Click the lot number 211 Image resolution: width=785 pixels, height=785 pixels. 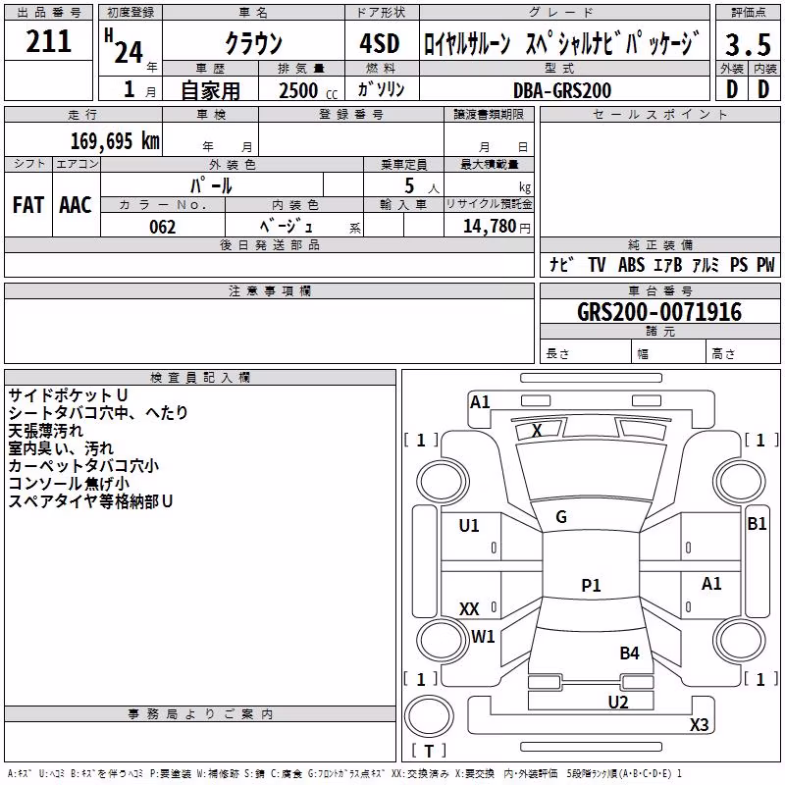[48, 41]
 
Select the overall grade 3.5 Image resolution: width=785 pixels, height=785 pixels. [748, 44]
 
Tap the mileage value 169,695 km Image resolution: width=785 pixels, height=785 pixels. [115, 140]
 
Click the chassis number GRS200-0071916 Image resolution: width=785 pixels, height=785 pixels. [659, 311]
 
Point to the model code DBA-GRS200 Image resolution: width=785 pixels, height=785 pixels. [561, 90]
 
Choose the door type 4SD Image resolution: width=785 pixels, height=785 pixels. [380, 43]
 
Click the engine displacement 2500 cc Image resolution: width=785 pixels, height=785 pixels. [308, 90]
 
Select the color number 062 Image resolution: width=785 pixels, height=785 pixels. [162, 227]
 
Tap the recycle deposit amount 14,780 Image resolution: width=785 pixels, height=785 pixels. [489, 227]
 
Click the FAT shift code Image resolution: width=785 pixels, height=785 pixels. [28, 205]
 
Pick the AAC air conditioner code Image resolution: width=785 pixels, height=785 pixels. [76, 205]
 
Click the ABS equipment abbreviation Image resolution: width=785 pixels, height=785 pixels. [631, 264]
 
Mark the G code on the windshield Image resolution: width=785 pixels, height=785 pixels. [561, 517]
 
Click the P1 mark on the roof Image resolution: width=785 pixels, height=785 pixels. [591, 585]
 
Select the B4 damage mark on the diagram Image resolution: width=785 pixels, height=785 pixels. [629, 653]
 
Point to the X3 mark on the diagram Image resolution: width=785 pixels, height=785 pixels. [699, 724]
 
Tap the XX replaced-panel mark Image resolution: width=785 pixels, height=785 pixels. [469, 608]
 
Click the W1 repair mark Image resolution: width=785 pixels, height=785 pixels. [483, 636]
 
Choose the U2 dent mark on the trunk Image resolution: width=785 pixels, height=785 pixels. [618, 702]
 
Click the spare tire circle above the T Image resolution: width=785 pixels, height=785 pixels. [429, 716]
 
